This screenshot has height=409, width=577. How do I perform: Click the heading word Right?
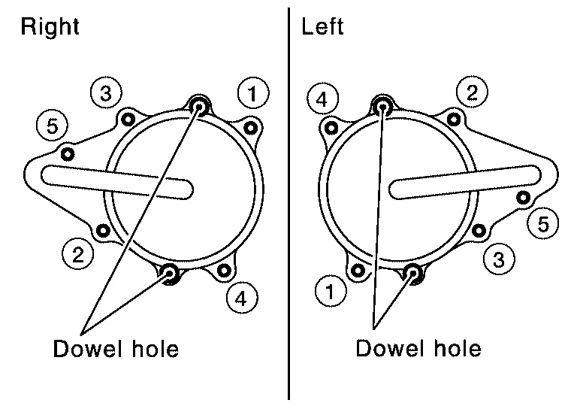[x=50, y=28]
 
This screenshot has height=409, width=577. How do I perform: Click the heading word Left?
[x=322, y=28]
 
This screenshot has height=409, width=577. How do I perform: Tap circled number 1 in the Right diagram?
[x=253, y=93]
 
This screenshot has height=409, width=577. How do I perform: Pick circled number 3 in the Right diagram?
[x=106, y=93]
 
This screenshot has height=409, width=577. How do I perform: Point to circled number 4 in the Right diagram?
[x=240, y=298]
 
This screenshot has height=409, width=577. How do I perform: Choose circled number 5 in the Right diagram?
[x=52, y=126]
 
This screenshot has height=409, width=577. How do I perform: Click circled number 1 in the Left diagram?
[x=331, y=289]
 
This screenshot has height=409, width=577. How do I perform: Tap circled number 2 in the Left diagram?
[x=472, y=93]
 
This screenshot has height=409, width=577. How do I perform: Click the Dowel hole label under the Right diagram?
[x=116, y=350]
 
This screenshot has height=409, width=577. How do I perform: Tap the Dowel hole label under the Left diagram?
[x=418, y=350]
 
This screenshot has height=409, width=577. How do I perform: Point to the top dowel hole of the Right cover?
[x=200, y=105]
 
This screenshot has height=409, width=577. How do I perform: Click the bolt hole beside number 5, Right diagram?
[x=68, y=154]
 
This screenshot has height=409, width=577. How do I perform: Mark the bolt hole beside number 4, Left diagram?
[x=329, y=127]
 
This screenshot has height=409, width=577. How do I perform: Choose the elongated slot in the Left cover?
[x=465, y=180]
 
